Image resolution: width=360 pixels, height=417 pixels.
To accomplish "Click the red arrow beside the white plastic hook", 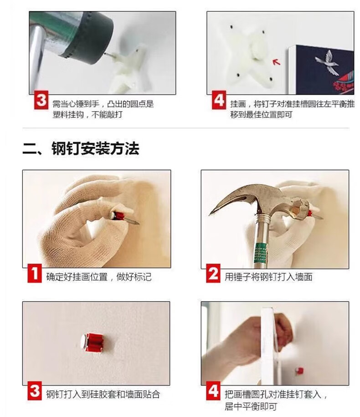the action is pos(277,62).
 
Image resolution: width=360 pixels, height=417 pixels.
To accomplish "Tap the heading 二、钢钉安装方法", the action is pos(81,148).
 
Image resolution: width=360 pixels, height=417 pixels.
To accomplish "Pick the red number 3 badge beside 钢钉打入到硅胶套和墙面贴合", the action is pos(35,391).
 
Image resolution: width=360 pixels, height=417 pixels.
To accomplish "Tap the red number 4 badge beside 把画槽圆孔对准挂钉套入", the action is pos(213,391).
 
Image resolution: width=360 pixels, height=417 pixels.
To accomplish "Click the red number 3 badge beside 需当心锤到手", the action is pos(41,100).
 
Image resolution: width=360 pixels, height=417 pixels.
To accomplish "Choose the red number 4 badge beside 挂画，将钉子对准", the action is pos(219,100).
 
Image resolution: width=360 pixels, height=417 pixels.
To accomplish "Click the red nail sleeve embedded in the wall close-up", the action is pos(93,342).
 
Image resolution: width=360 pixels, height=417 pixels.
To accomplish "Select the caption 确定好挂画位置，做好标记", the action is pos(99,277).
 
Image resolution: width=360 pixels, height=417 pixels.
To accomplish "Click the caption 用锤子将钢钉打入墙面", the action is pos(268,277).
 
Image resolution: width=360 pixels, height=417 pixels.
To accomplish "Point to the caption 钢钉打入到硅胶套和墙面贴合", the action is pos(103,394).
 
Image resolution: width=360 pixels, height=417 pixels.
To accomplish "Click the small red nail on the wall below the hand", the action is pos(299,371).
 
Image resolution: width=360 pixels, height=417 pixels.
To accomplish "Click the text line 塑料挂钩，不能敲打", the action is pos(87,115).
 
